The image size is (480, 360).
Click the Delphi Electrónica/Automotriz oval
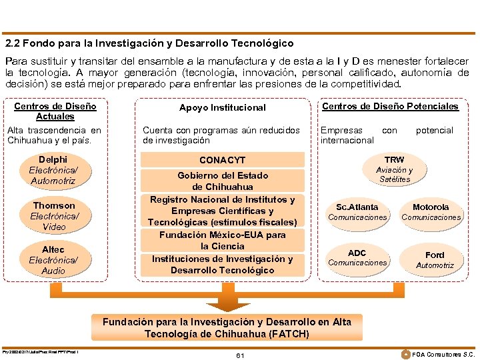tap(53, 170)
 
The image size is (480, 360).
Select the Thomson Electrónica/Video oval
tap(54, 215)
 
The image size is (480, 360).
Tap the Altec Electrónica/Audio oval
tap(53, 260)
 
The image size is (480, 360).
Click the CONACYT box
tap(222, 160)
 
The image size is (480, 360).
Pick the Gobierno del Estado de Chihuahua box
tap(222, 181)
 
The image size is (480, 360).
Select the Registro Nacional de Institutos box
tap(222, 211)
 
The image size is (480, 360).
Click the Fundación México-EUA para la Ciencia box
tap(222, 241)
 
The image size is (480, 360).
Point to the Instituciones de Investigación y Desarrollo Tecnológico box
tap(222, 265)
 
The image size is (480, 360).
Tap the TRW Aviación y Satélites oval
tap(394, 169)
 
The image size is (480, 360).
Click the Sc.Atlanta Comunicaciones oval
tap(357, 212)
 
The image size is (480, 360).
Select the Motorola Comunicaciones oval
tap(431, 212)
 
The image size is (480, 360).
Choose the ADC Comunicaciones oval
tap(357, 257)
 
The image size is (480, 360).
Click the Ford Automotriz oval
tap(435, 260)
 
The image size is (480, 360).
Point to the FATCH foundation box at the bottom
tap(227, 327)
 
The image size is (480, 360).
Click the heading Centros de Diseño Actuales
tap(55, 111)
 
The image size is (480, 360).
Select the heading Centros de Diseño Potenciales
tap(390, 107)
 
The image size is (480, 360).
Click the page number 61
tap(240, 355)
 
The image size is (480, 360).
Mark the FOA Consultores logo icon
tap(406, 353)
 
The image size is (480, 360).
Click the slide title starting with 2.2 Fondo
tap(149, 43)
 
